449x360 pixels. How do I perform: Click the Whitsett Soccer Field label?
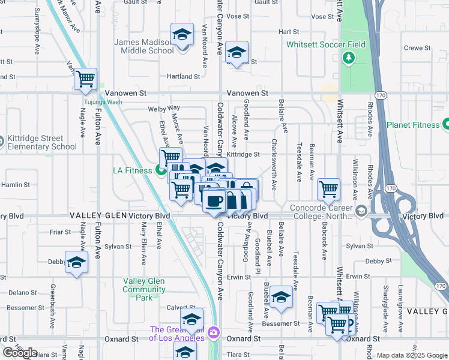point(325,44)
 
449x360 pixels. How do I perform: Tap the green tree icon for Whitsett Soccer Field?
point(348,58)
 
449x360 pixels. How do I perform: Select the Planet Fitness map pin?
point(445,125)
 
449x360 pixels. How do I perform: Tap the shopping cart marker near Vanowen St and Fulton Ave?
point(85,79)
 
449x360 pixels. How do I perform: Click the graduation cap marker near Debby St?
point(76,262)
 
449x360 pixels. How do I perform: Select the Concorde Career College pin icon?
point(361,210)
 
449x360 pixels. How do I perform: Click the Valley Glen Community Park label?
point(144,285)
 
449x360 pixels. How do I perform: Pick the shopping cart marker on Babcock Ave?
point(328,189)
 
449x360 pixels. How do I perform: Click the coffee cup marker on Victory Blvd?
point(213,200)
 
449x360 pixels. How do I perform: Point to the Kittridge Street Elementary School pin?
point(2,142)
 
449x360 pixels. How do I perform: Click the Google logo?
point(20,353)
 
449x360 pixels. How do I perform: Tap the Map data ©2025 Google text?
point(412,355)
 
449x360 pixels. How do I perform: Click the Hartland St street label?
point(183,77)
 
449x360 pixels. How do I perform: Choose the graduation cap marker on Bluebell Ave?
point(281,297)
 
